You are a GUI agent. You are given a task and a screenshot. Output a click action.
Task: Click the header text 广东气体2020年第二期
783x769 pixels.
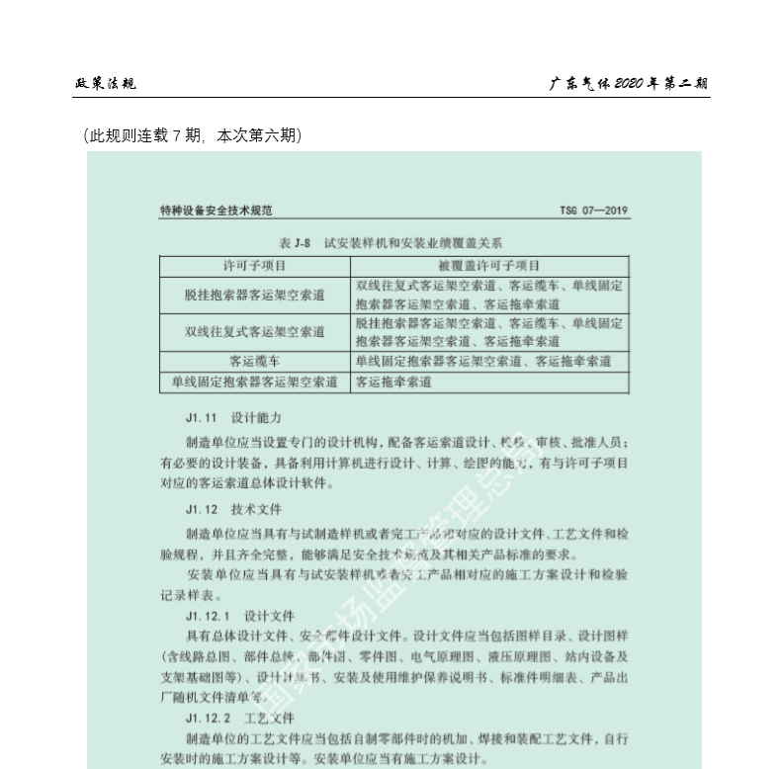pos(629,84)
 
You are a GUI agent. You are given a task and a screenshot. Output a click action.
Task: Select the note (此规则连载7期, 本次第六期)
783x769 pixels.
pos(193,135)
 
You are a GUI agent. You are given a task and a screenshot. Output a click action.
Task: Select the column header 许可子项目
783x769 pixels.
pos(254,265)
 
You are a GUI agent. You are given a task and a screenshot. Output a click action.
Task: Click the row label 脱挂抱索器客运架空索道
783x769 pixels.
pos(254,295)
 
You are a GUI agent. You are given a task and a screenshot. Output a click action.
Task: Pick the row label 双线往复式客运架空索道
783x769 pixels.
pos(254,331)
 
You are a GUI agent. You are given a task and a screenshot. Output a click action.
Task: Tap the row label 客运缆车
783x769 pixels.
pos(254,361)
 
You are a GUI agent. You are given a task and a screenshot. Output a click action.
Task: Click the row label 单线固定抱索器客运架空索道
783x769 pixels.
pos(254,381)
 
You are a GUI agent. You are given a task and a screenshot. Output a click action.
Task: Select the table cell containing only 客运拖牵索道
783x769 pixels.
pos(393,381)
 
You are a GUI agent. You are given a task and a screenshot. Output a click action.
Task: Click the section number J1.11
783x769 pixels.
pos(201,417)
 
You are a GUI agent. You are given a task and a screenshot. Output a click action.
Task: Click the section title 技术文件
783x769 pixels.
pos(256,510)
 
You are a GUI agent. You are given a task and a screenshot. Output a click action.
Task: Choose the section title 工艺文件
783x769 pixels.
pos(270,718)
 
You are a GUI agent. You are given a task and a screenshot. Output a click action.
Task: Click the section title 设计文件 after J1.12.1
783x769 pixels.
pos(270,614)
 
